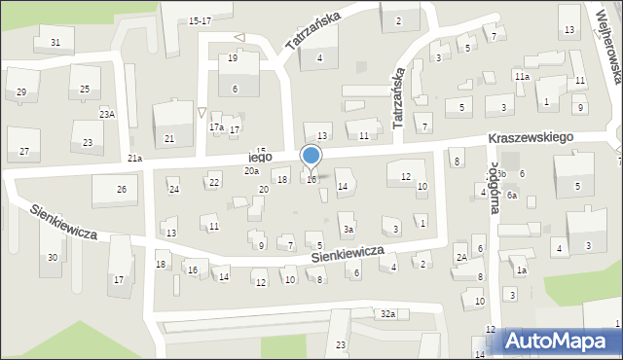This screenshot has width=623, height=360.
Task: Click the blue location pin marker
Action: pos(311,157)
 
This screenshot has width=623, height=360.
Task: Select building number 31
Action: pos(55,42)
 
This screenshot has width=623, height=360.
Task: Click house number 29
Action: pos(21,91)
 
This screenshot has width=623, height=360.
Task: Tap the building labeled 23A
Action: pos(106,114)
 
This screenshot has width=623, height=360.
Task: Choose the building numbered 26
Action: pos(122,189)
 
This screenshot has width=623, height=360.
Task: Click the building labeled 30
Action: pos(53,257)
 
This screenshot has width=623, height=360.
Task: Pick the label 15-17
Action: pos(201,19)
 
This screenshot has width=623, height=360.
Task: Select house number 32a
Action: pos(387,313)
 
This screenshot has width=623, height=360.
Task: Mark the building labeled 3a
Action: pos(348,230)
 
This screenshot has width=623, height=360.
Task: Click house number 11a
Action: pos(522,76)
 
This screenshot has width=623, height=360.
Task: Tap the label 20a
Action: pos(251,171)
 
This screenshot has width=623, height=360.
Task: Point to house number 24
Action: pos(174,189)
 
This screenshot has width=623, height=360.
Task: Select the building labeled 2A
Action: pos(461,257)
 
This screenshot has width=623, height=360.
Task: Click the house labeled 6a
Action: pos(511,196)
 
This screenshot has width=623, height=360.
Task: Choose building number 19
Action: pos(233,58)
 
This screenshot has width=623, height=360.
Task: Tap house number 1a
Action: pos(522,270)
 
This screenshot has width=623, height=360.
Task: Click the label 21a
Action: pos(134,158)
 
